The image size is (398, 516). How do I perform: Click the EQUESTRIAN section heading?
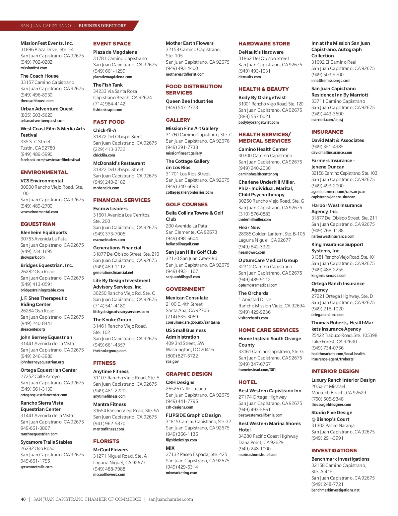38,224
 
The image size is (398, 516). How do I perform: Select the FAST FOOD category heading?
109,122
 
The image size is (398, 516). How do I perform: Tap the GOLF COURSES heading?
187,205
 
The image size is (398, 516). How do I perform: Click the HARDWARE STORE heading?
264,44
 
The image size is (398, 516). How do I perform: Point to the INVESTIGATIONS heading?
334,451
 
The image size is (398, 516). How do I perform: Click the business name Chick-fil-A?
104,130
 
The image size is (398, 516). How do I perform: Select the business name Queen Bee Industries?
189,101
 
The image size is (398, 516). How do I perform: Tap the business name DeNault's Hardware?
261,52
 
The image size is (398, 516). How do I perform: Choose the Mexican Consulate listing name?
187,298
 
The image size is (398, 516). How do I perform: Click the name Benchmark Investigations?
340,459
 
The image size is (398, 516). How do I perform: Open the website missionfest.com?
34,68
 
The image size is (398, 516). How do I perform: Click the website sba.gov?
172,361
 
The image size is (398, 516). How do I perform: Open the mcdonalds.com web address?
106,188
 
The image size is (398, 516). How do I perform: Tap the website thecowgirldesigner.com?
331,405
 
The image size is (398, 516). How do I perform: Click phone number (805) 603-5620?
36,115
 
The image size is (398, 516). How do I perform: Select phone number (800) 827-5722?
182,356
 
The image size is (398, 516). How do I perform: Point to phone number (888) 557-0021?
254,116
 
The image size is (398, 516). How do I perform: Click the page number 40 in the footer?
23,499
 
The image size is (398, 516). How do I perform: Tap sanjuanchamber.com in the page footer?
171,499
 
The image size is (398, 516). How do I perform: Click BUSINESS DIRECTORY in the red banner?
102,26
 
